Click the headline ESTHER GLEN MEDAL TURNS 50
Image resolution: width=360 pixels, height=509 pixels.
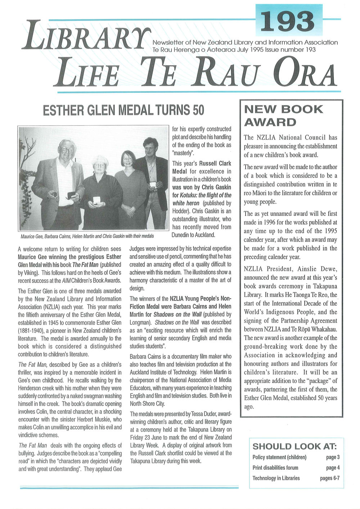point(123,110)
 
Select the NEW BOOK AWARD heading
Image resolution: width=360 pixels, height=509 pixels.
point(283,116)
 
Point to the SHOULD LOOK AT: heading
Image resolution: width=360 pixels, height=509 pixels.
point(294,447)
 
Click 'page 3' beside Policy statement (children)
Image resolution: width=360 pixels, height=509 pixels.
point(333,457)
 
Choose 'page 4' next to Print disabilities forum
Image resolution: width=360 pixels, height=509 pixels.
point(333,468)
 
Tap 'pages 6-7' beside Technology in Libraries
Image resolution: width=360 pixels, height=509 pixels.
point(329,478)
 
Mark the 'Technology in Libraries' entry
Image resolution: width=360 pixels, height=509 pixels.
point(276,478)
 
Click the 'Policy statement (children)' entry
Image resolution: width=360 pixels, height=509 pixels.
point(279,457)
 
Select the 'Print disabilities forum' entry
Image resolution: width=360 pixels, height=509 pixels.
point(275,468)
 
